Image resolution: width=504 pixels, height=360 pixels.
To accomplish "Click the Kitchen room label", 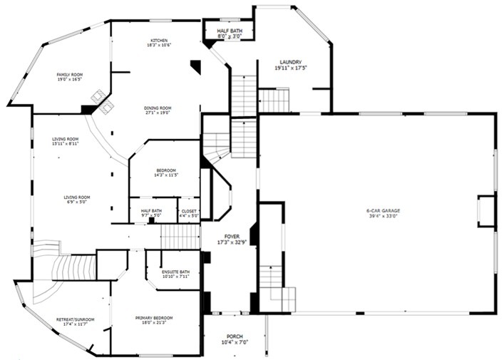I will point(158,40).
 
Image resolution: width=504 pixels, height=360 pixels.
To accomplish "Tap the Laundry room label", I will point(290,62).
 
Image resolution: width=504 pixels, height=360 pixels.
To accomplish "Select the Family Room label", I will point(69,74).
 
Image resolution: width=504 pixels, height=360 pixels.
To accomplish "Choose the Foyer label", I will point(232,236).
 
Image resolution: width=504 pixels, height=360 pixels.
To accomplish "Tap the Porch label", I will point(235,336).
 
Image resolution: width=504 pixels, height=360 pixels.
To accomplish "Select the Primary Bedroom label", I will point(154,317).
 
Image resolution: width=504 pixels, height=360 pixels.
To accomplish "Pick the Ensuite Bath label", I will point(175,272).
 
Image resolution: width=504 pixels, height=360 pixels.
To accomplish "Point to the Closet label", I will point(189,211).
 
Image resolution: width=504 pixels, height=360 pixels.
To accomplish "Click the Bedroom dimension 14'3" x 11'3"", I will point(165,175).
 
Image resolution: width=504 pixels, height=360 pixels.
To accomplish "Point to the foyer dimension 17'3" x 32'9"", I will point(232,242).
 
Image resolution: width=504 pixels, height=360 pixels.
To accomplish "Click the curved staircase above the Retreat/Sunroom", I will point(68,271).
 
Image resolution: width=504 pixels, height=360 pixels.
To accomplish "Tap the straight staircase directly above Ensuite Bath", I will point(179,237).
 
